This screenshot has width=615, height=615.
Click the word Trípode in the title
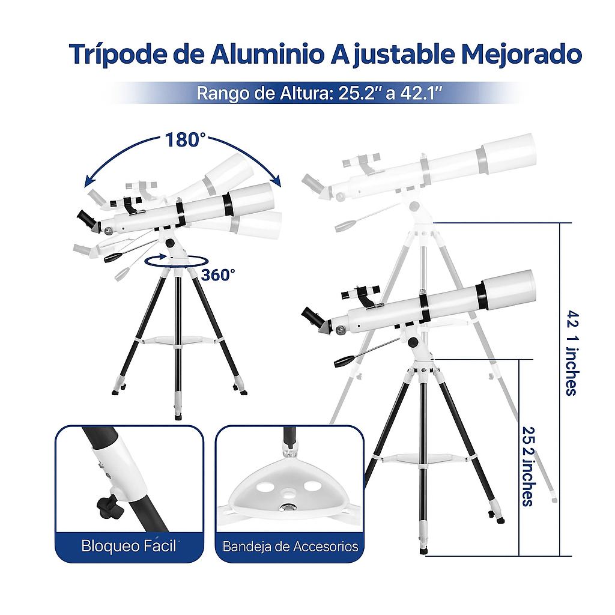coord(118,53)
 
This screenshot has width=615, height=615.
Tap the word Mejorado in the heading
coord(521,55)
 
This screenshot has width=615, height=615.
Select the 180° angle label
coord(185,139)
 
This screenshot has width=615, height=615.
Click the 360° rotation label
coord(218,275)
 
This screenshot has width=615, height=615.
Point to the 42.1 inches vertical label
coord(572,353)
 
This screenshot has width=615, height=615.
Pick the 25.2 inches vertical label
coord(529,466)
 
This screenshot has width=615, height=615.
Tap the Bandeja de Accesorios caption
coord(290,547)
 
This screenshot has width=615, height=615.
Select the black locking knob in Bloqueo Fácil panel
coord(109,507)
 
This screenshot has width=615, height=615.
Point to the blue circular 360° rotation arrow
coord(176,262)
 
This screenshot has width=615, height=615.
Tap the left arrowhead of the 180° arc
coord(89,183)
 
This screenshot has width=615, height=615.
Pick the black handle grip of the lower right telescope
coord(344,360)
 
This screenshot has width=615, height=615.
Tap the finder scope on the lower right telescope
coord(360,292)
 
